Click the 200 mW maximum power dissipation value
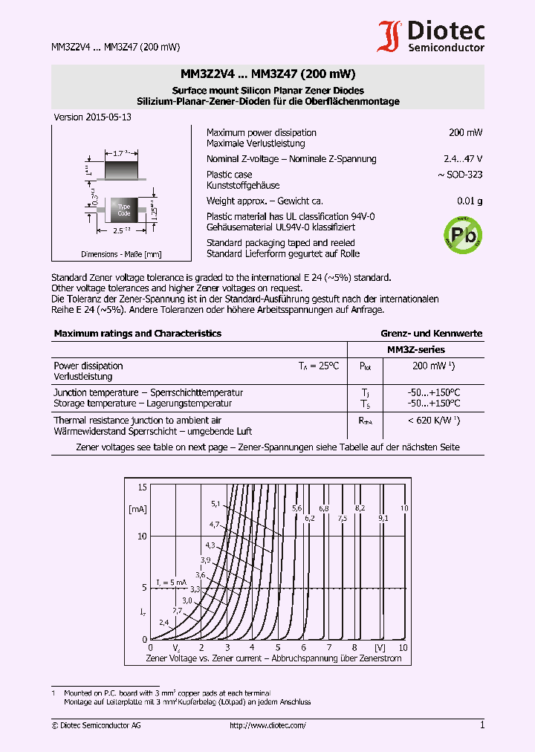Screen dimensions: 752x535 point(465,132)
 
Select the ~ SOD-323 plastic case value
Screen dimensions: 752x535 point(460,175)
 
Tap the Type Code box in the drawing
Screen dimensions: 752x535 point(124,210)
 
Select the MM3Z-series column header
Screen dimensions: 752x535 point(416,349)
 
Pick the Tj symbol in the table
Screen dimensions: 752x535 point(365,392)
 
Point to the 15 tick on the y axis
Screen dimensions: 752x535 point(142,487)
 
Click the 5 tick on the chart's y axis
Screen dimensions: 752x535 point(145,587)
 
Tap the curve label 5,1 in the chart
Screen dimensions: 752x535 point(216,504)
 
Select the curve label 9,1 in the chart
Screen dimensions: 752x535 point(383,517)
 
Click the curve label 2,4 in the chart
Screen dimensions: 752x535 point(163,621)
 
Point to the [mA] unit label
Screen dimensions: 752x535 point(137,509)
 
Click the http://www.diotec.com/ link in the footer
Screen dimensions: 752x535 point(267,725)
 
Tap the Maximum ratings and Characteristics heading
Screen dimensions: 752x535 point(137,334)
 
